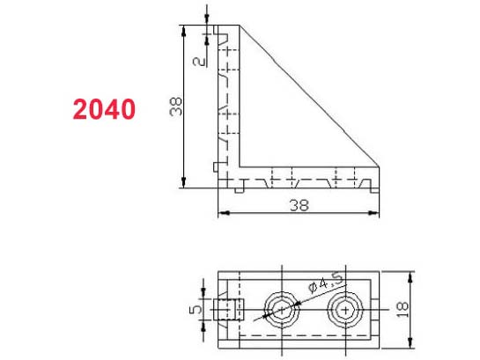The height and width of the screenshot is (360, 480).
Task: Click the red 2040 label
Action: tap(104, 110)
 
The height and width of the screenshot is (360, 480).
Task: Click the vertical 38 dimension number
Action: tap(176, 107)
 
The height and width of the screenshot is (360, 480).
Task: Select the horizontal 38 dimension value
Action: tap(299, 203)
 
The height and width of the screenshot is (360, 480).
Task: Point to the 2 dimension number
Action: tap(198, 62)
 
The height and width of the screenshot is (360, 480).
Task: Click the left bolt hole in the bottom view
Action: tap(281, 310)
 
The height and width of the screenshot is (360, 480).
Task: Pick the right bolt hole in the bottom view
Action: tap(343, 310)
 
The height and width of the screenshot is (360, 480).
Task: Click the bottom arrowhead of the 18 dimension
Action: tap(411, 344)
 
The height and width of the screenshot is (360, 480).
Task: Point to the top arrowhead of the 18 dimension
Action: tap(411, 273)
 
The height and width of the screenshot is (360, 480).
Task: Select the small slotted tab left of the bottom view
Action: tap(227, 310)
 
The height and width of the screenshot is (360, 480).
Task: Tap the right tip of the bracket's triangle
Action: tap(379, 164)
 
